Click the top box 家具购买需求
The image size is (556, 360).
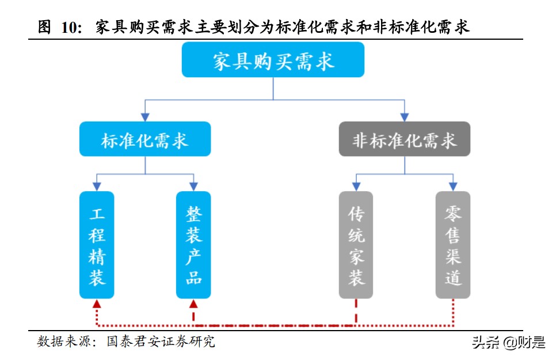pos(273,60)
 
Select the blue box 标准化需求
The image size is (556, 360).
pos(145,138)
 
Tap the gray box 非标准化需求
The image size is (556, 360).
pos(404,138)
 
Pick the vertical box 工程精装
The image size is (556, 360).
pos(97,245)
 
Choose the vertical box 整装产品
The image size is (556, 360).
pos(193,245)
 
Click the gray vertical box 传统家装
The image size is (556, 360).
pos(356,245)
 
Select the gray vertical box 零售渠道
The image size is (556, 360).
pos(452,245)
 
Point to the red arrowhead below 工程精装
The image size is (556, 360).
pos(97,304)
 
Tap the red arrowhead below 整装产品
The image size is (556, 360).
pos(193,304)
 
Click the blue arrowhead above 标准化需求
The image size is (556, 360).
pos(145,117)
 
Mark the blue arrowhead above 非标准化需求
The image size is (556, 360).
pos(404,117)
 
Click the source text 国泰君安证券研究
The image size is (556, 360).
pos(161,342)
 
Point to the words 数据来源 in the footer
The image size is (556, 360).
pos(63,342)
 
